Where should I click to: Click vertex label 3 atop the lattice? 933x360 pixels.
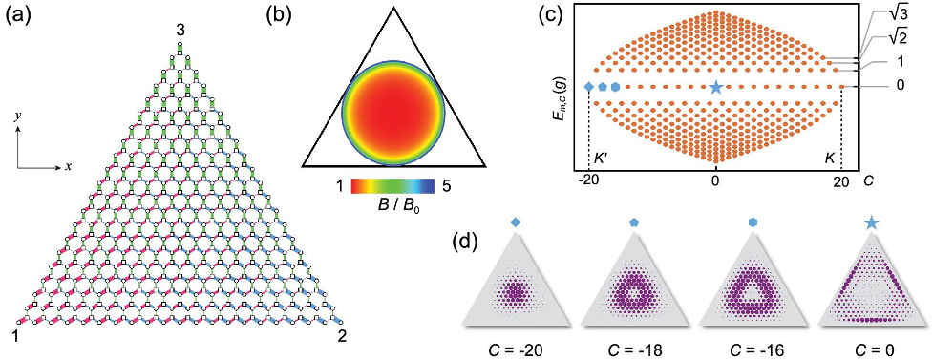click(180, 32)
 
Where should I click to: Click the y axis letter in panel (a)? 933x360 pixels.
click(18, 116)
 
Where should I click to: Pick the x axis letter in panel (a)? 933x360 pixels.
click(68, 166)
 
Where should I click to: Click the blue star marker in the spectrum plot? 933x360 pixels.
click(716, 87)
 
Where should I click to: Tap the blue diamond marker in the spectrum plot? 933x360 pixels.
click(589, 87)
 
